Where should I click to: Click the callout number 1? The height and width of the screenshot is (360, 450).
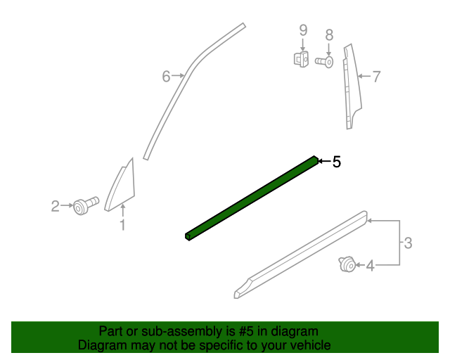pyautogui.click(x=122, y=225)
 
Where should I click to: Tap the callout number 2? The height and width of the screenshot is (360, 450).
pyautogui.click(x=55, y=206)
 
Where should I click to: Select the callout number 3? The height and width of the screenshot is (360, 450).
pyautogui.click(x=408, y=243)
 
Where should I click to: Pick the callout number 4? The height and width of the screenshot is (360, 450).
pyautogui.click(x=370, y=265)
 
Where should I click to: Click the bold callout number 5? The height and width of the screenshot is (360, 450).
pyautogui.click(x=337, y=162)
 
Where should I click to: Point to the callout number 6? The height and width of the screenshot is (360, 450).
pyautogui.click(x=167, y=76)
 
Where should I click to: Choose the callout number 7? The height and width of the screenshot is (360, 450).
pyautogui.click(x=376, y=76)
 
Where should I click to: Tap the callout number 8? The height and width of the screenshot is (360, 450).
pyautogui.click(x=328, y=34)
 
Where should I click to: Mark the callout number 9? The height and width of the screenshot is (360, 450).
pyautogui.click(x=303, y=30)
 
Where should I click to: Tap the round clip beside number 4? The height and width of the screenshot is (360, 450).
pyautogui.click(x=345, y=264)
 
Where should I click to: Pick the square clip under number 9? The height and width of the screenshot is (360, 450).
pyautogui.click(x=301, y=59)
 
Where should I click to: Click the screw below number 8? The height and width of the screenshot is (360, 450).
pyautogui.click(x=325, y=62)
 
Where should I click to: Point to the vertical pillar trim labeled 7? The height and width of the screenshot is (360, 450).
pyautogui.click(x=349, y=84)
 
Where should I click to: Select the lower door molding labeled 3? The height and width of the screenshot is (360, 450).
pyautogui.click(x=302, y=254)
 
